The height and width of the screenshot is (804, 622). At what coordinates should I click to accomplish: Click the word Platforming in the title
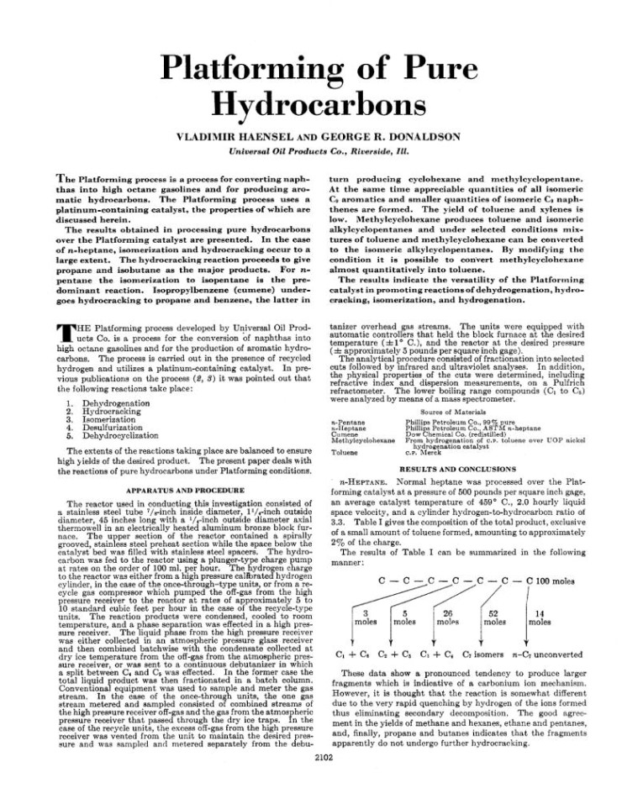244,66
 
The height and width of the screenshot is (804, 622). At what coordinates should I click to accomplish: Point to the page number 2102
311,780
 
